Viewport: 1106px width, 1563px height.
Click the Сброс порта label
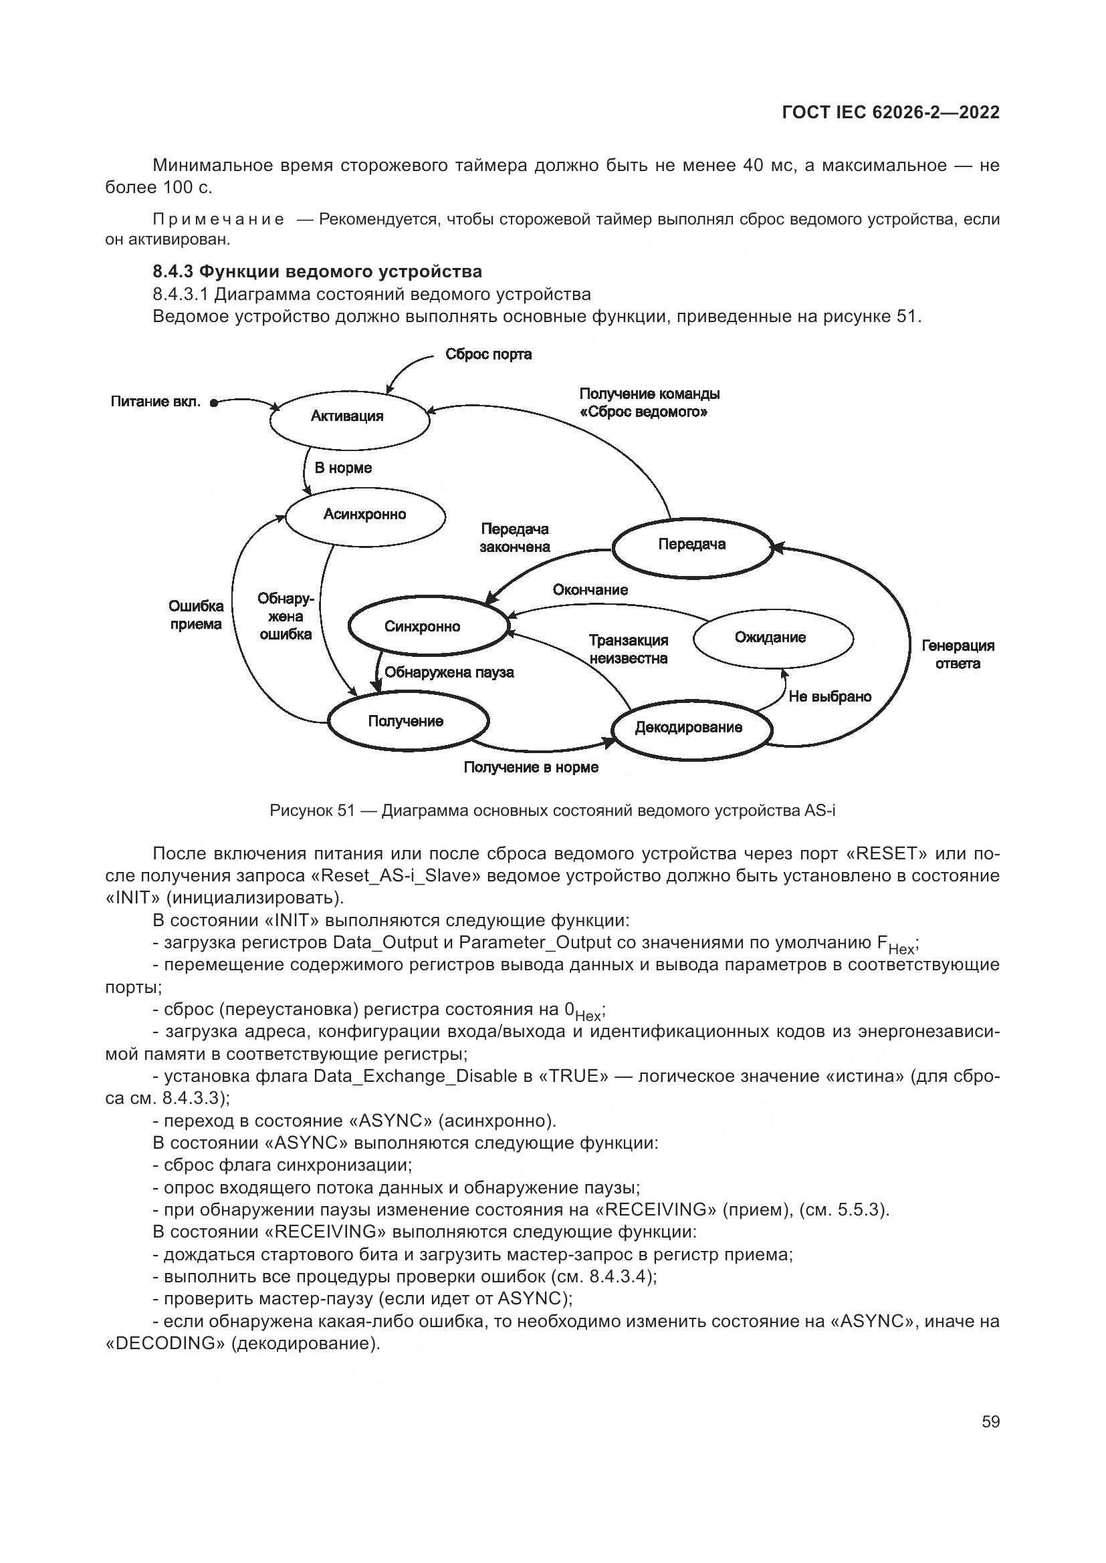(488, 355)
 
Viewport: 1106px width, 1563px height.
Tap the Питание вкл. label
(155, 402)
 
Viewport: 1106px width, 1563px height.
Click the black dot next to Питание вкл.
(213, 404)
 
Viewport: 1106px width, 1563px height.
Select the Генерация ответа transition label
(958, 655)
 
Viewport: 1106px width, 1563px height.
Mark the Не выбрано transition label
(829, 697)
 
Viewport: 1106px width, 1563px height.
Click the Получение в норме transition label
(530, 768)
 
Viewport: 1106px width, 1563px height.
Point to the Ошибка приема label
(195, 615)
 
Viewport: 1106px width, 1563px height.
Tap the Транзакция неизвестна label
(628, 650)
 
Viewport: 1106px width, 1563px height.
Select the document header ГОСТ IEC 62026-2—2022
(891, 113)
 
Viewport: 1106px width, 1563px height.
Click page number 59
(990, 1422)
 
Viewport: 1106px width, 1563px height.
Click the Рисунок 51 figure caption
(552, 811)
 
